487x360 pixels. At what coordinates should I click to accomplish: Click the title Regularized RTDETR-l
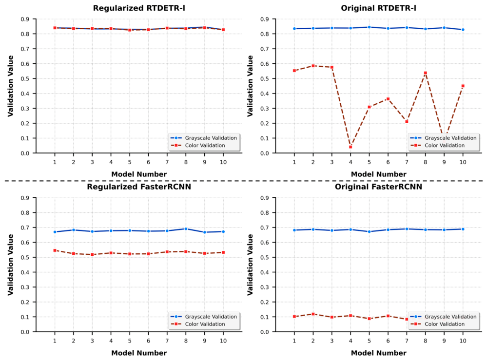click(x=139, y=8)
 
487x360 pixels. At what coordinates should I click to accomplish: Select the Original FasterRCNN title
click(x=378, y=187)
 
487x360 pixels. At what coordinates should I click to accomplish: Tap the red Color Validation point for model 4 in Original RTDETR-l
click(x=351, y=147)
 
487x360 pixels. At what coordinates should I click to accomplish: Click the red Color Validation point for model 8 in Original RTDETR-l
click(x=425, y=73)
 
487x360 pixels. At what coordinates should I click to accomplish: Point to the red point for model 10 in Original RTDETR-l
click(x=463, y=86)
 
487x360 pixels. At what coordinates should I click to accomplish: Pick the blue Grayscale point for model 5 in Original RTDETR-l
click(x=369, y=27)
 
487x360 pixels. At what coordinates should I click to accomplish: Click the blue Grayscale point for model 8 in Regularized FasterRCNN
click(x=186, y=229)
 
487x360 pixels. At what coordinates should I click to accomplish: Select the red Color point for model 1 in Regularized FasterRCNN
click(x=55, y=250)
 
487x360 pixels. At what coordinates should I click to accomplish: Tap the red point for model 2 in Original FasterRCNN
click(x=313, y=314)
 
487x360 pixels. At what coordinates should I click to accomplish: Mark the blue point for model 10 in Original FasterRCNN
click(x=463, y=229)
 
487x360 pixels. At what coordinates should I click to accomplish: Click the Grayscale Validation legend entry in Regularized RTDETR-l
click(x=203, y=138)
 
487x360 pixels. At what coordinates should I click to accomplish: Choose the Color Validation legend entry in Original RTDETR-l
click(x=437, y=145)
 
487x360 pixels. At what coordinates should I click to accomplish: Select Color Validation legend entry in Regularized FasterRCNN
click(x=197, y=324)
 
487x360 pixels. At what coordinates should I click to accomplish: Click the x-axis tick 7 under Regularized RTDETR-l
click(x=167, y=162)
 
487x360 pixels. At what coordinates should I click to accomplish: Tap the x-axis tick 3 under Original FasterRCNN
click(x=331, y=341)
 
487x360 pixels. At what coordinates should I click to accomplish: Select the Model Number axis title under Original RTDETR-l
click(x=378, y=174)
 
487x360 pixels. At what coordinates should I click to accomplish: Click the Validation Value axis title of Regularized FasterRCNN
click(x=11, y=265)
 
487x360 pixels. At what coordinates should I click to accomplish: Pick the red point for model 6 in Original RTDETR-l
click(x=388, y=99)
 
